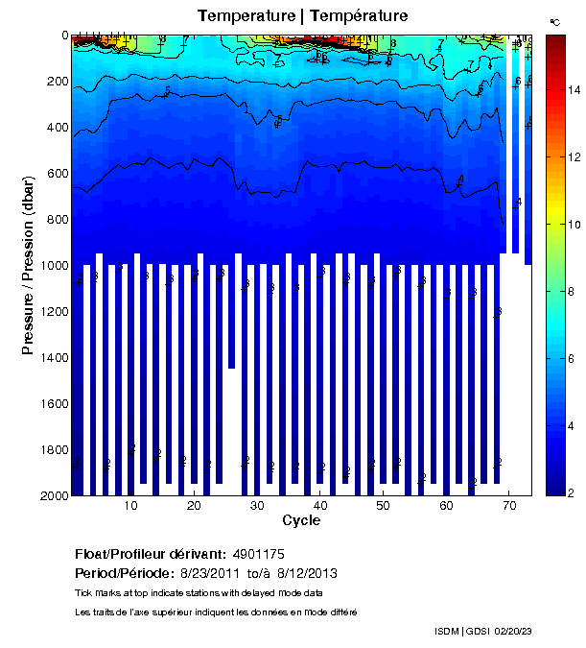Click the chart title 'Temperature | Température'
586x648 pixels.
tap(302, 16)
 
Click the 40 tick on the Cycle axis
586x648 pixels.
tap(320, 506)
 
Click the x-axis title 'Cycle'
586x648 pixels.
tap(301, 520)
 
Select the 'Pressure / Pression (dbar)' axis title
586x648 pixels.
tap(28, 265)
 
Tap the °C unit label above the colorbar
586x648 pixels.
tap(554, 21)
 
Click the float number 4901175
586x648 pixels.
tap(258, 555)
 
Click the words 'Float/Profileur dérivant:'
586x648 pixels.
tap(151, 555)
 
